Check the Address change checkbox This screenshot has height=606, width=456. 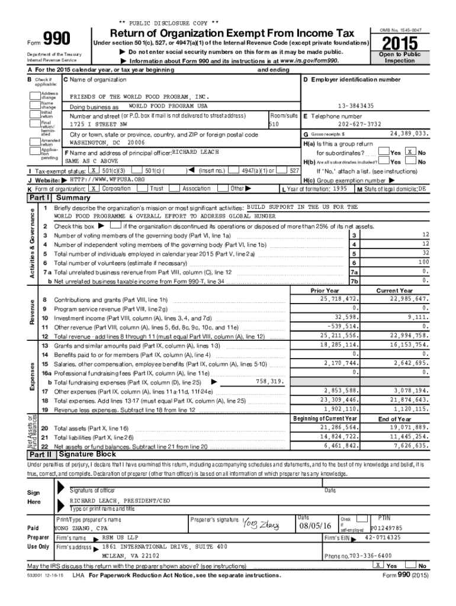pos(35,95)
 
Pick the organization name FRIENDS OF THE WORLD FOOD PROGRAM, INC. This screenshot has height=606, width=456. pos(140,96)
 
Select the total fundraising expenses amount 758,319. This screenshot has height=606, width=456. pos(270,382)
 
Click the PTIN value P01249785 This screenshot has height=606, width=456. pos(386,528)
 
